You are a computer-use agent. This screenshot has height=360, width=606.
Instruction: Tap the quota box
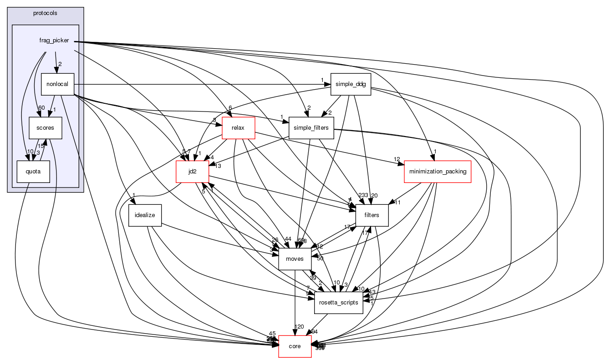tap(33, 172)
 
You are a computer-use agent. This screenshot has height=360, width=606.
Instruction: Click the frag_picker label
tap(54, 41)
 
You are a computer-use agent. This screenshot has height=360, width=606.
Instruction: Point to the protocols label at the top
tap(45, 13)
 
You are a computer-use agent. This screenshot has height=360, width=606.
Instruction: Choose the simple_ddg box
tap(351, 84)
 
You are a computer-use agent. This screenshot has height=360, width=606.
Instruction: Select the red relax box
tap(238, 128)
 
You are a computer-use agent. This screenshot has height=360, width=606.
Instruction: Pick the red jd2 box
tap(192, 172)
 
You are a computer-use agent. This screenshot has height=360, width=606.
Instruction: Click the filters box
tap(372, 215)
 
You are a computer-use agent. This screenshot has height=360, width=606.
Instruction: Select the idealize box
tap(145, 215)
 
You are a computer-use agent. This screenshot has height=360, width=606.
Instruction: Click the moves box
tap(295, 259)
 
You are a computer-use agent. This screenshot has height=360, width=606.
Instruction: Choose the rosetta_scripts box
tap(338, 303)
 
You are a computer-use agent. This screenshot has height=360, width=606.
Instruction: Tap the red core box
tap(295, 346)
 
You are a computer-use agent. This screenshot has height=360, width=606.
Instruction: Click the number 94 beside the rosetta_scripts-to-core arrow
tap(315, 331)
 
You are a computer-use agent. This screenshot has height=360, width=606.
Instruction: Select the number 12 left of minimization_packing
tap(397, 159)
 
